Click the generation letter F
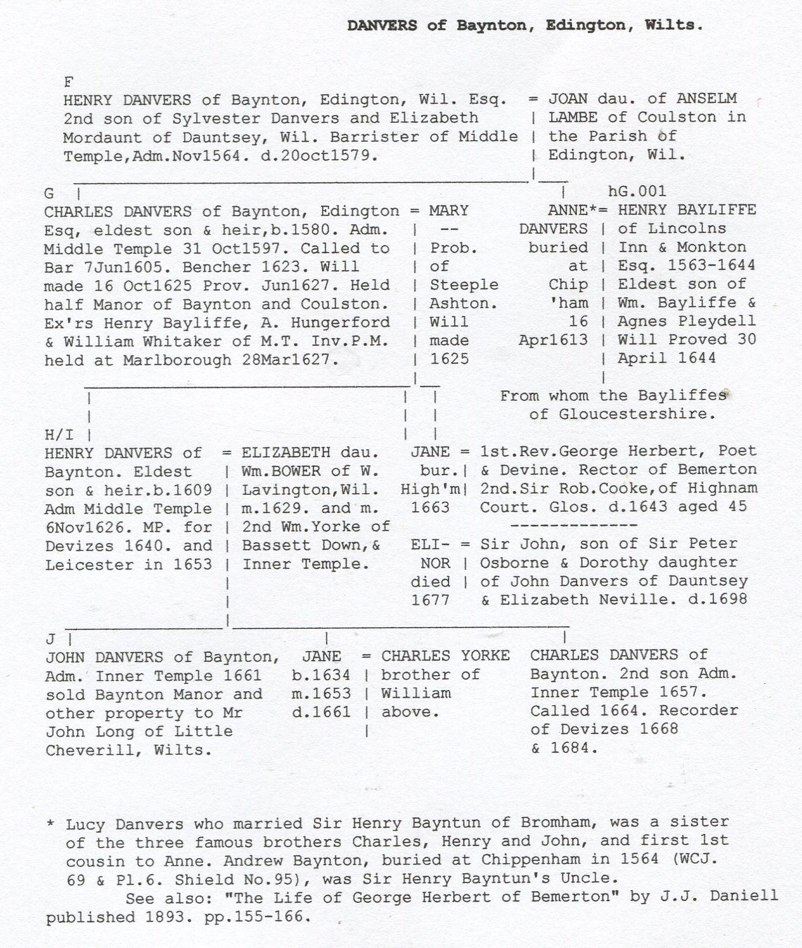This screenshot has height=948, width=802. coord(68,82)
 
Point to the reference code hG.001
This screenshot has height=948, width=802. coord(637,191)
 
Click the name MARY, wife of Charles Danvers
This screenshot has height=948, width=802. coord(449,210)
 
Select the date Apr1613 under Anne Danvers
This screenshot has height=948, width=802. coord(553,340)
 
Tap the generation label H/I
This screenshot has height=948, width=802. coord(59,435)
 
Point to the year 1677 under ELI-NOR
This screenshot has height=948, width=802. coord(430,600)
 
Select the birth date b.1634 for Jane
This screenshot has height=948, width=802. coord(321,675)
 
